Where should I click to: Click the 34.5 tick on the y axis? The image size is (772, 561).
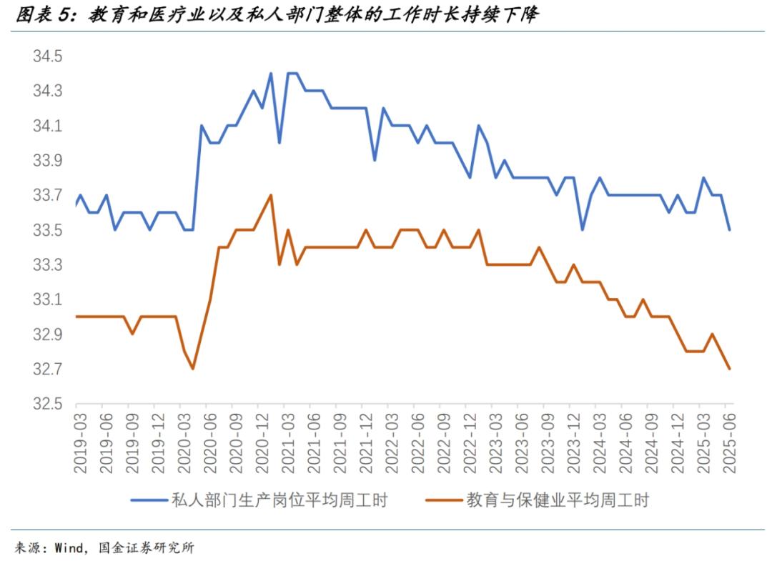coord(48,56)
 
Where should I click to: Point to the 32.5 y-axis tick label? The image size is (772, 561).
coord(48,404)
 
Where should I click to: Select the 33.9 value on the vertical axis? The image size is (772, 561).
coord(48,161)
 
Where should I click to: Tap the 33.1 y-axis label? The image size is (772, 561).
coord(48,300)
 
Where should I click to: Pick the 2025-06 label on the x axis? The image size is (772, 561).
coord(729,445)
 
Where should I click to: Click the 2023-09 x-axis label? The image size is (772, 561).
coord(546,445)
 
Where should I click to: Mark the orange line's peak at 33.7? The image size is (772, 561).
coord(270,194)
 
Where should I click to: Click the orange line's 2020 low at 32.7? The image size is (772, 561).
coord(193,369)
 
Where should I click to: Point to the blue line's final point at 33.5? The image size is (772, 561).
coord(729,230)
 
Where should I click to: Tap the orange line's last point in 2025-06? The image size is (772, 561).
coord(729,369)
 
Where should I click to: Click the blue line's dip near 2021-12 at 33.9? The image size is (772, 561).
coord(375,160)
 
